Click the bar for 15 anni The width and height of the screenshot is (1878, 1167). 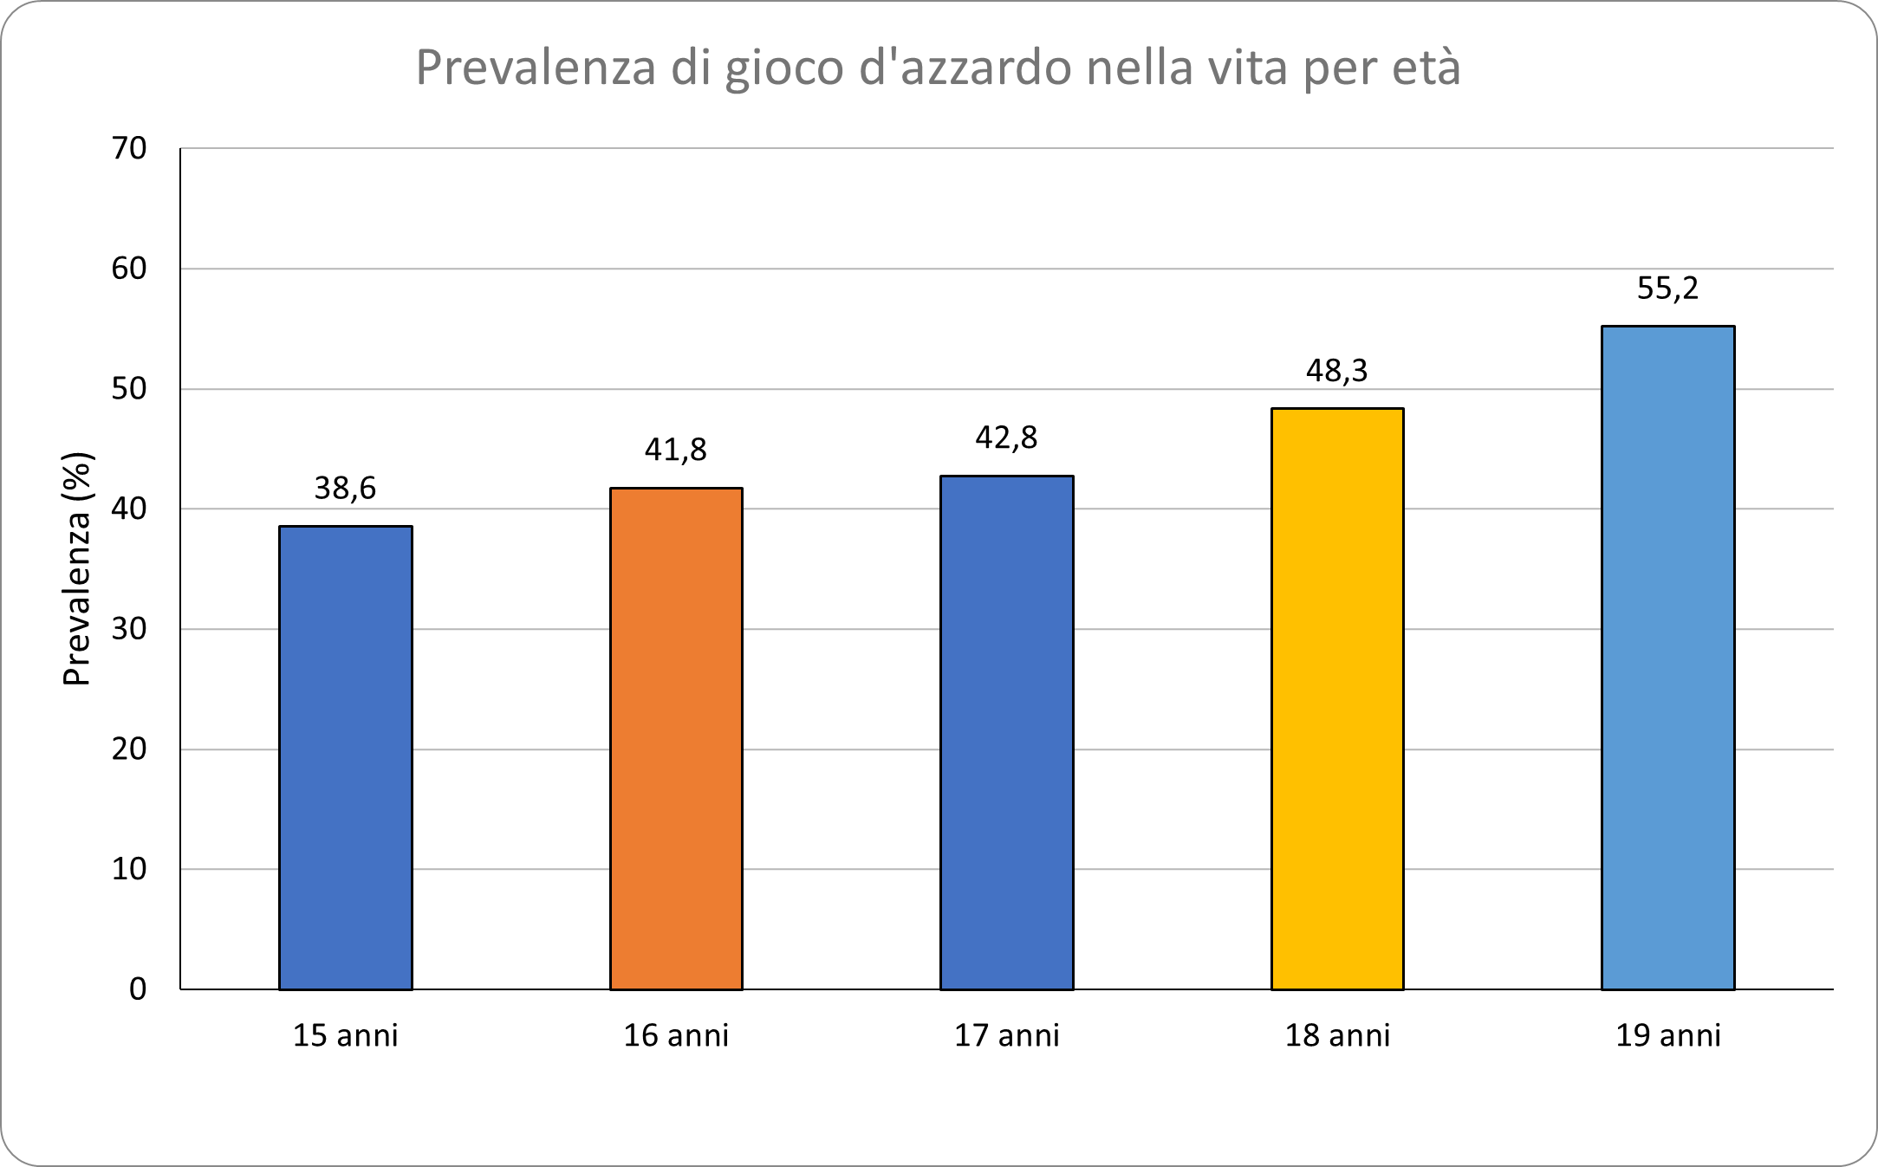[345, 757]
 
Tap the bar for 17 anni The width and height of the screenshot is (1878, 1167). [1006, 732]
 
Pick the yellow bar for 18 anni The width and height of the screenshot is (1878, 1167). [1337, 698]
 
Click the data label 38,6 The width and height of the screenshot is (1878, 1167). [345, 489]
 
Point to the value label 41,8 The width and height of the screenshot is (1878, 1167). [676, 450]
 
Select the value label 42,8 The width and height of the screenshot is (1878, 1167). [1006, 438]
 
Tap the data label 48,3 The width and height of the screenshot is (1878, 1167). [1337, 371]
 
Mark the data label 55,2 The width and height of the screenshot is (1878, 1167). [1667, 289]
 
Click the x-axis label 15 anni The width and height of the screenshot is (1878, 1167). [345, 1035]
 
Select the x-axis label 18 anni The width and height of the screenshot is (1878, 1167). [1337, 1035]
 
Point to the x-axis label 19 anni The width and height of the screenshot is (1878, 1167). [1667, 1035]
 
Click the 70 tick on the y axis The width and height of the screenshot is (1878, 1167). [129, 148]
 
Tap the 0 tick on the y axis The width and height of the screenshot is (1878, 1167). [138, 989]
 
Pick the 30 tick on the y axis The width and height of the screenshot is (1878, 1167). [129, 629]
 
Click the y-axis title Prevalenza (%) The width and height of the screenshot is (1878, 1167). [76, 569]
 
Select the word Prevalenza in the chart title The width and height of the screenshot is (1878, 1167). [536, 68]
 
